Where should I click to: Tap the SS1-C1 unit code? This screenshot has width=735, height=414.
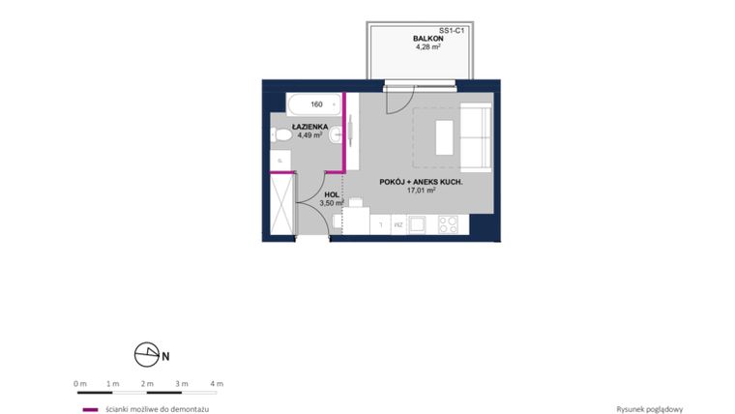(x=453, y=30)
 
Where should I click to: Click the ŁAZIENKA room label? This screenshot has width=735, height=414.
(x=310, y=127)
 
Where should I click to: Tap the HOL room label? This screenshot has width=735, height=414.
(x=332, y=193)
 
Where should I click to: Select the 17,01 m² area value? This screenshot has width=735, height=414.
(x=421, y=191)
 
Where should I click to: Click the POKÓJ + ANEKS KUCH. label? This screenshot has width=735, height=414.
(x=421, y=182)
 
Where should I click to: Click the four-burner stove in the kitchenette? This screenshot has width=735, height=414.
(x=448, y=224)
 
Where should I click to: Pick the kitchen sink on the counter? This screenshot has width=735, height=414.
(x=419, y=224)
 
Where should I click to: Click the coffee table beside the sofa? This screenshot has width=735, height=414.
(x=444, y=136)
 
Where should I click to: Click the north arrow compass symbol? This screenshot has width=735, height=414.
(x=146, y=355)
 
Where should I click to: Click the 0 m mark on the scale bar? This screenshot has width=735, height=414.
(x=79, y=384)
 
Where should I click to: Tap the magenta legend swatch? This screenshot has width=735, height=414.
(x=90, y=409)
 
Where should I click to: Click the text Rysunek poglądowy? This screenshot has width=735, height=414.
(x=649, y=409)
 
